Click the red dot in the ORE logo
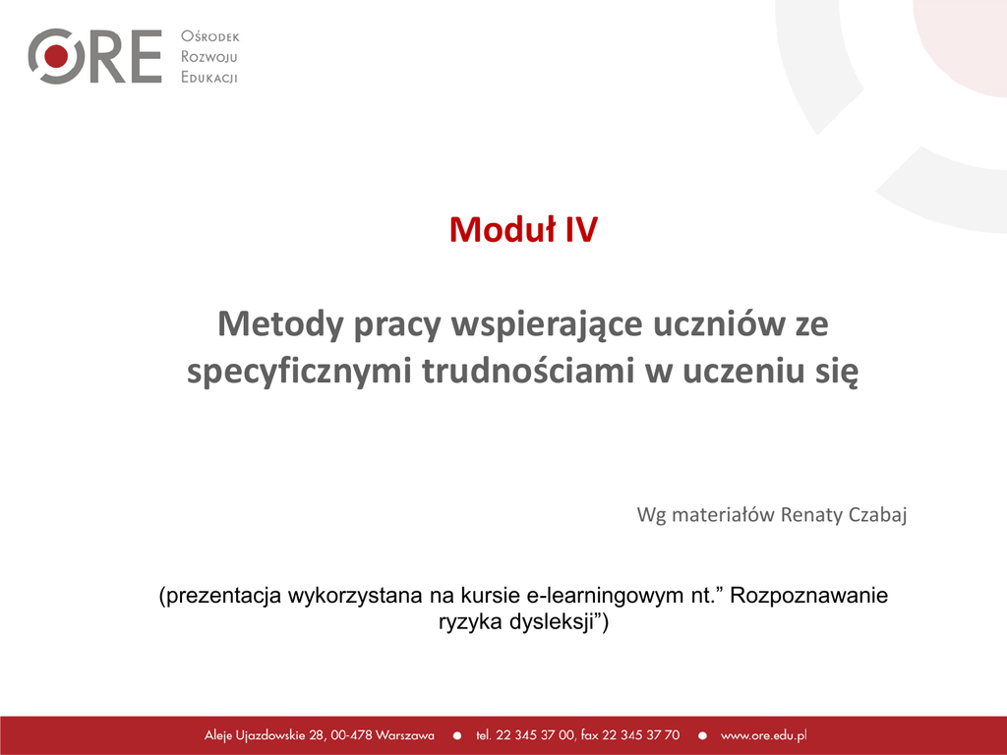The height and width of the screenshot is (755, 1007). (56, 56)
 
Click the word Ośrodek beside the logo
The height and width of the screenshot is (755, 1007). (210, 36)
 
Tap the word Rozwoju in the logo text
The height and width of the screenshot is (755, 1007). (209, 57)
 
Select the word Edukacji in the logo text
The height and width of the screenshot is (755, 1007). (209, 78)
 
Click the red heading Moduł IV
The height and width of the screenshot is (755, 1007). (523, 229)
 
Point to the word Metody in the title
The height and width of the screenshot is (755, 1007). (280, 323)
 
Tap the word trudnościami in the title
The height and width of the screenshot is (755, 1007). (528, 371)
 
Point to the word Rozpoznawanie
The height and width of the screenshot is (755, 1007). (809, 596)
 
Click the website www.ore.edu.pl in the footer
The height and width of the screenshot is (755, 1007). (763, 735)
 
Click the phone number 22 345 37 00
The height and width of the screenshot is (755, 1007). (535, 735)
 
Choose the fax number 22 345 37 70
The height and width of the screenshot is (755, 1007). (640, 735)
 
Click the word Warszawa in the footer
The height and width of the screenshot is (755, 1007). (404, 735)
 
